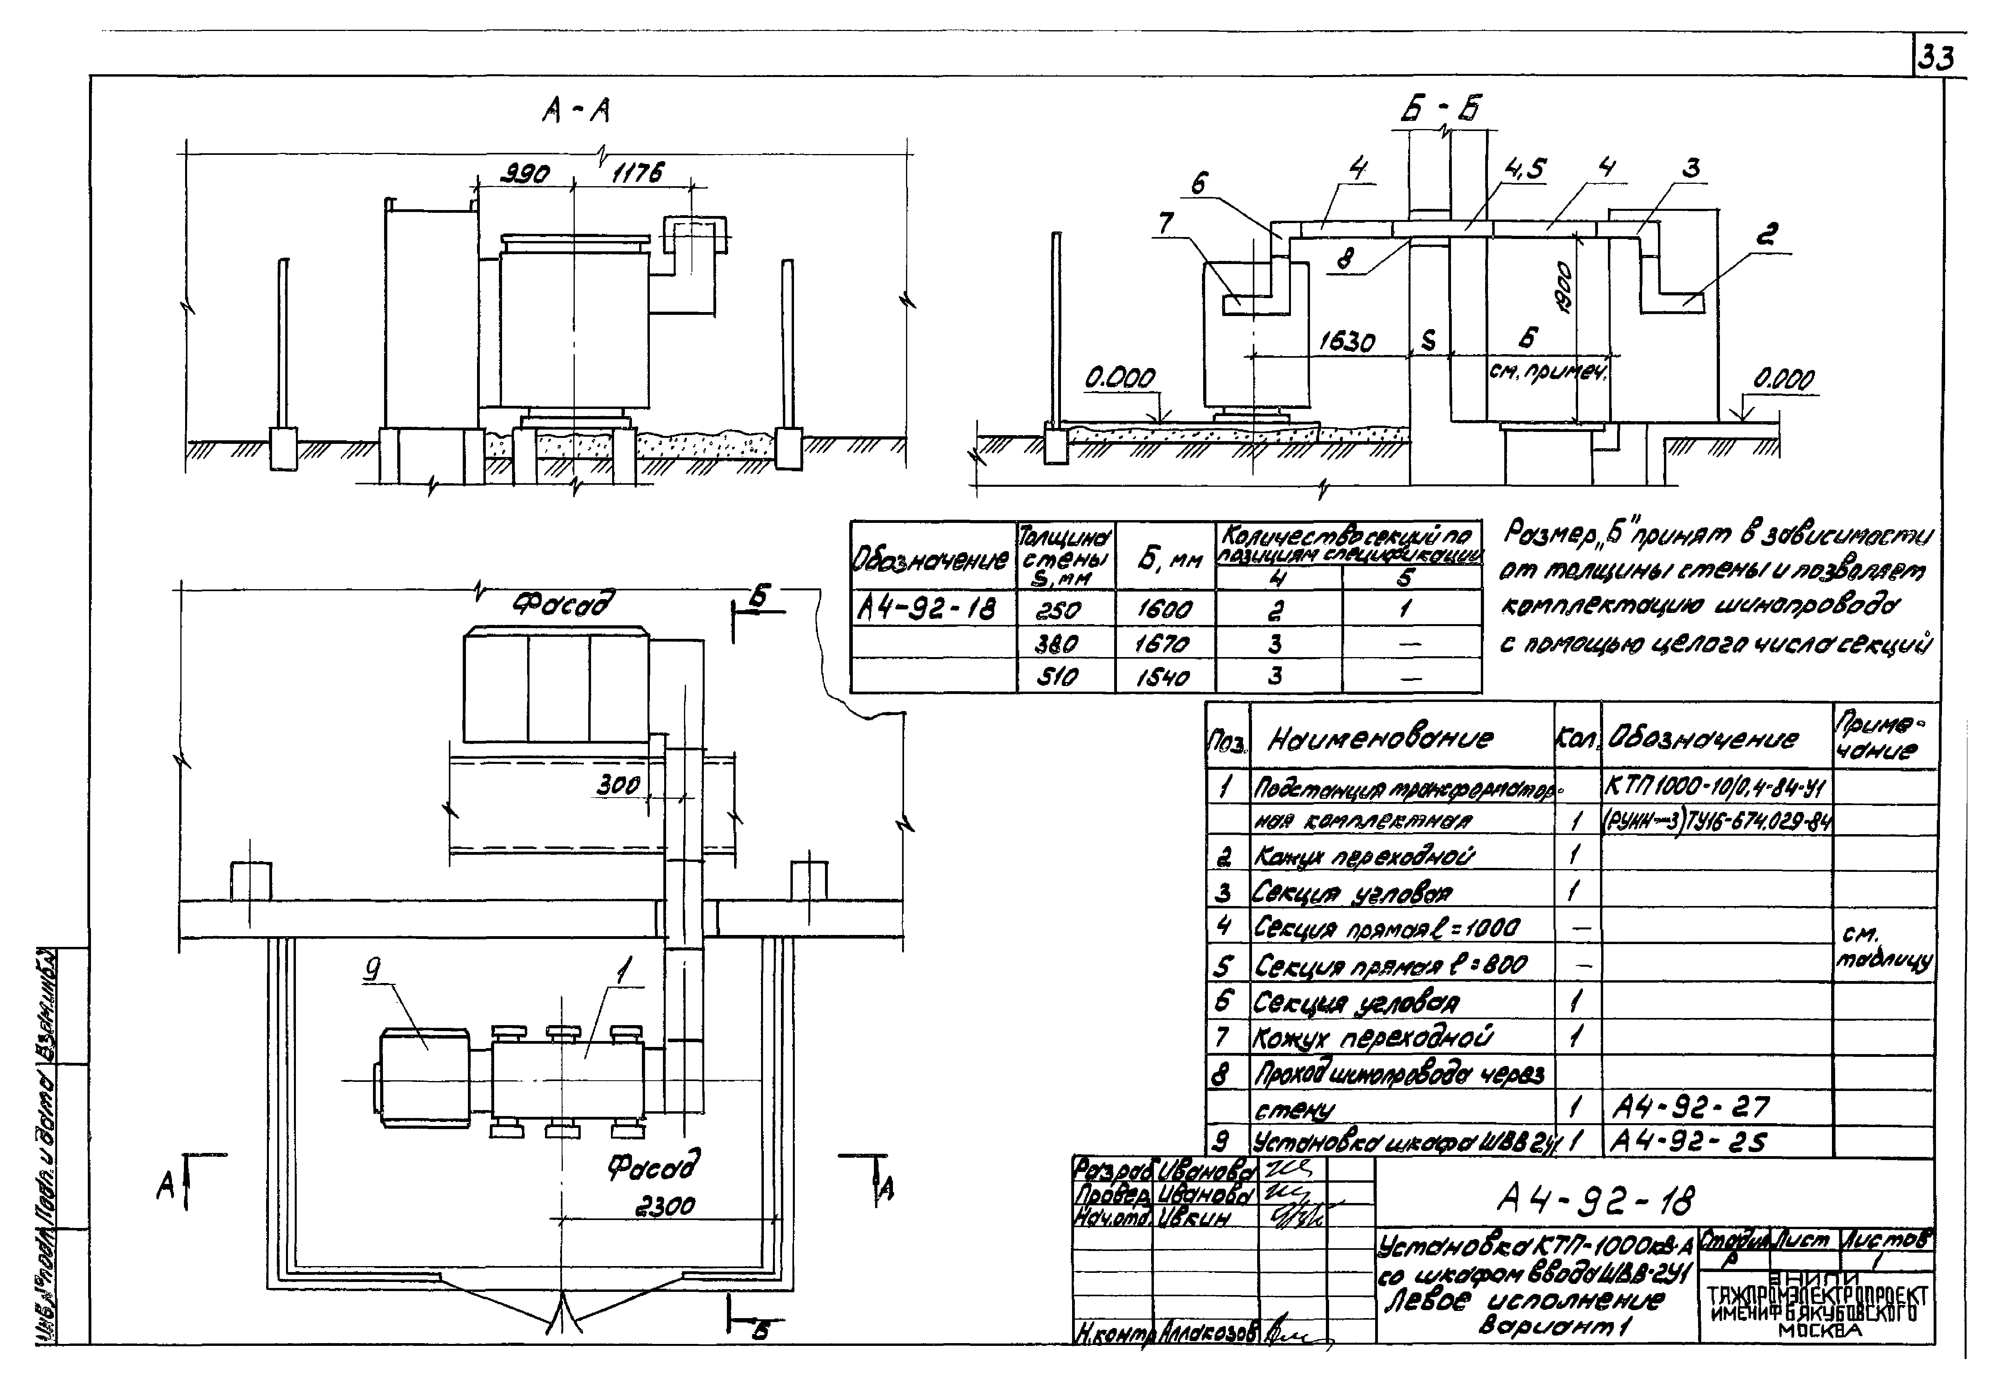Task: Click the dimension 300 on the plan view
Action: pyautogui.click(x=618, y=786)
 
